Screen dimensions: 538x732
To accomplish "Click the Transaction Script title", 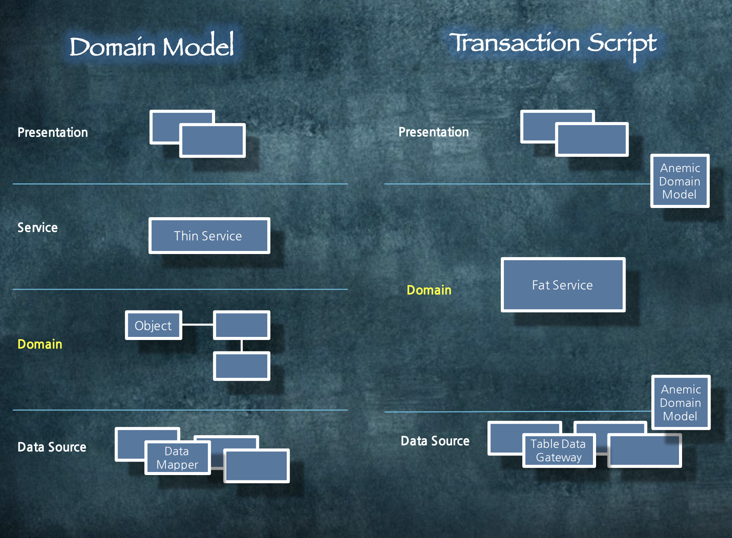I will pyautogui.click(x=553, y=43).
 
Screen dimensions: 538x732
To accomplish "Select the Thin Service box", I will pyautogui.click(x=209, y=236).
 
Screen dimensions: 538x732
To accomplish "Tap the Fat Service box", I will pyautogui.click(x=563, y=285).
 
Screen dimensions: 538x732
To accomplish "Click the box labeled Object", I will pyautogui.click(x=153, y=325).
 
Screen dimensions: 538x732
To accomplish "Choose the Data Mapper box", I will pyautogui.click(x=177, y=458).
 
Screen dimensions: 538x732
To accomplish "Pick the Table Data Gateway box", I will pyautogui.click(x=558, y=451).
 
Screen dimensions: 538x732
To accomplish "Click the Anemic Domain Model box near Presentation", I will pyautogui.click(x=679, y=181).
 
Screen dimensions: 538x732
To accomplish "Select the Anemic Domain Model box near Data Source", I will pyautogui.click(x=681, y=403).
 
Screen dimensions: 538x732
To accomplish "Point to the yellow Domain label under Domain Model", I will pyautogui.click(x=40, y=344).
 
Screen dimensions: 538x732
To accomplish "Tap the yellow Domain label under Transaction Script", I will pyautogui.click(x=429, y=290).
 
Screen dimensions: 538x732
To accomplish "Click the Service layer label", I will pyautogui.click(x=38, y=228).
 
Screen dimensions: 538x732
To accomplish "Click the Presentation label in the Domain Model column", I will pyautogui.click(x=53, y=132).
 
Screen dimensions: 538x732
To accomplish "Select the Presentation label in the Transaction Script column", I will pyautogui.click(x=434, y=132).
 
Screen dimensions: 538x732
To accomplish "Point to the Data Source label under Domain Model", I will pyautogui.click(x=52, y=447).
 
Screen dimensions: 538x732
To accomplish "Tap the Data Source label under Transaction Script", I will pyautogui.click(x=435, y=441).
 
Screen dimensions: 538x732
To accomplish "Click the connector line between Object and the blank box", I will pyautogui.click(x=197, y=325).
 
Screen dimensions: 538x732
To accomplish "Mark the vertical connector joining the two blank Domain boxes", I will pyautogui.click(x=242, y=345).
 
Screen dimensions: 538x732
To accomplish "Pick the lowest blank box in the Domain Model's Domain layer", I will pyautogui.click(x=242, y=366).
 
